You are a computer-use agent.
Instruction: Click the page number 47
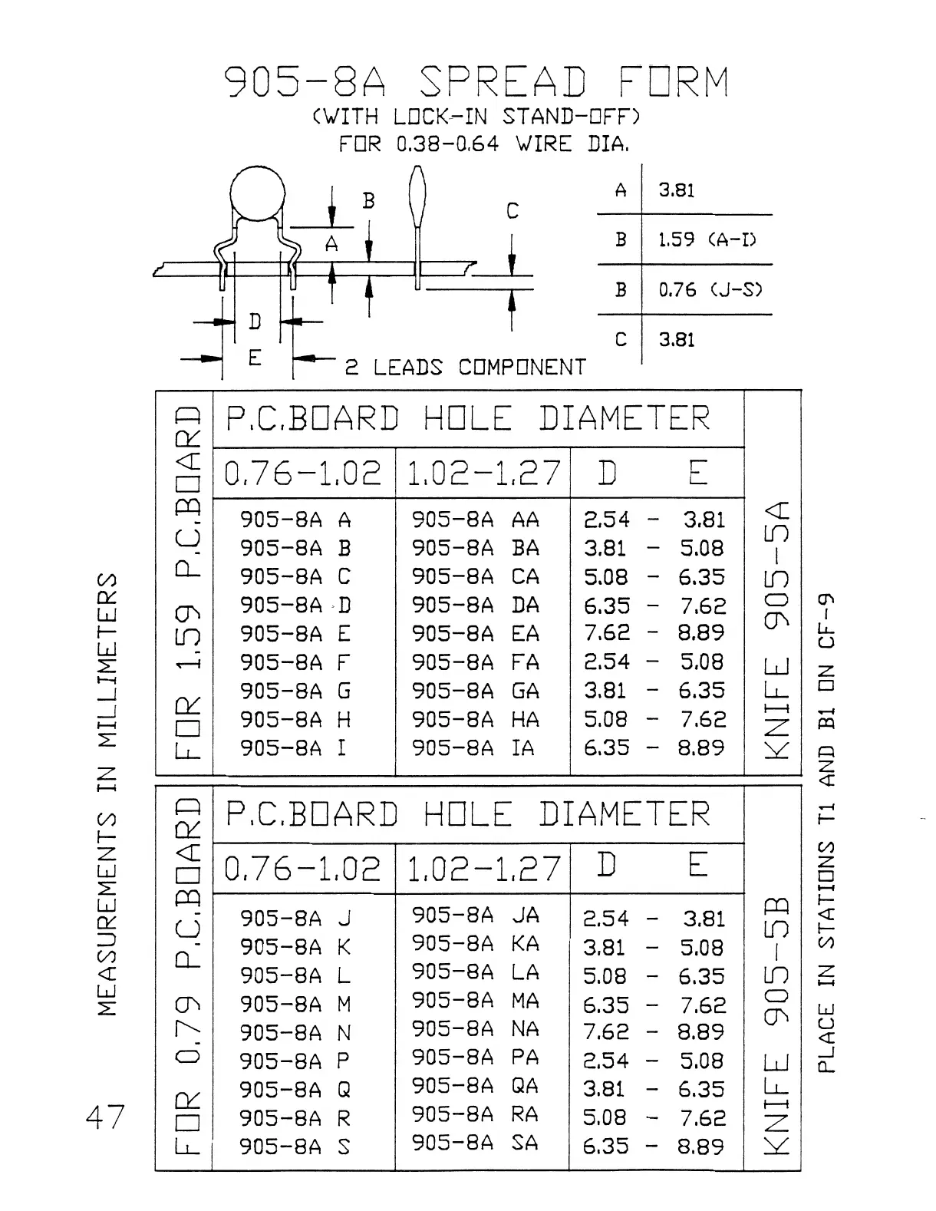pos(105,1117)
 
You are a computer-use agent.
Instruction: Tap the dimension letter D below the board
pos(255,322)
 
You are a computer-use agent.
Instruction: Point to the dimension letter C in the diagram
pos(512,211)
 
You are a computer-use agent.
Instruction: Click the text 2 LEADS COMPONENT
pos(465,368)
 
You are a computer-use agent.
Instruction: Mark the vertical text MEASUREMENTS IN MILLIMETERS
pos(109,794)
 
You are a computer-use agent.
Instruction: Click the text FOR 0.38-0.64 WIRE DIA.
pos(484,144)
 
